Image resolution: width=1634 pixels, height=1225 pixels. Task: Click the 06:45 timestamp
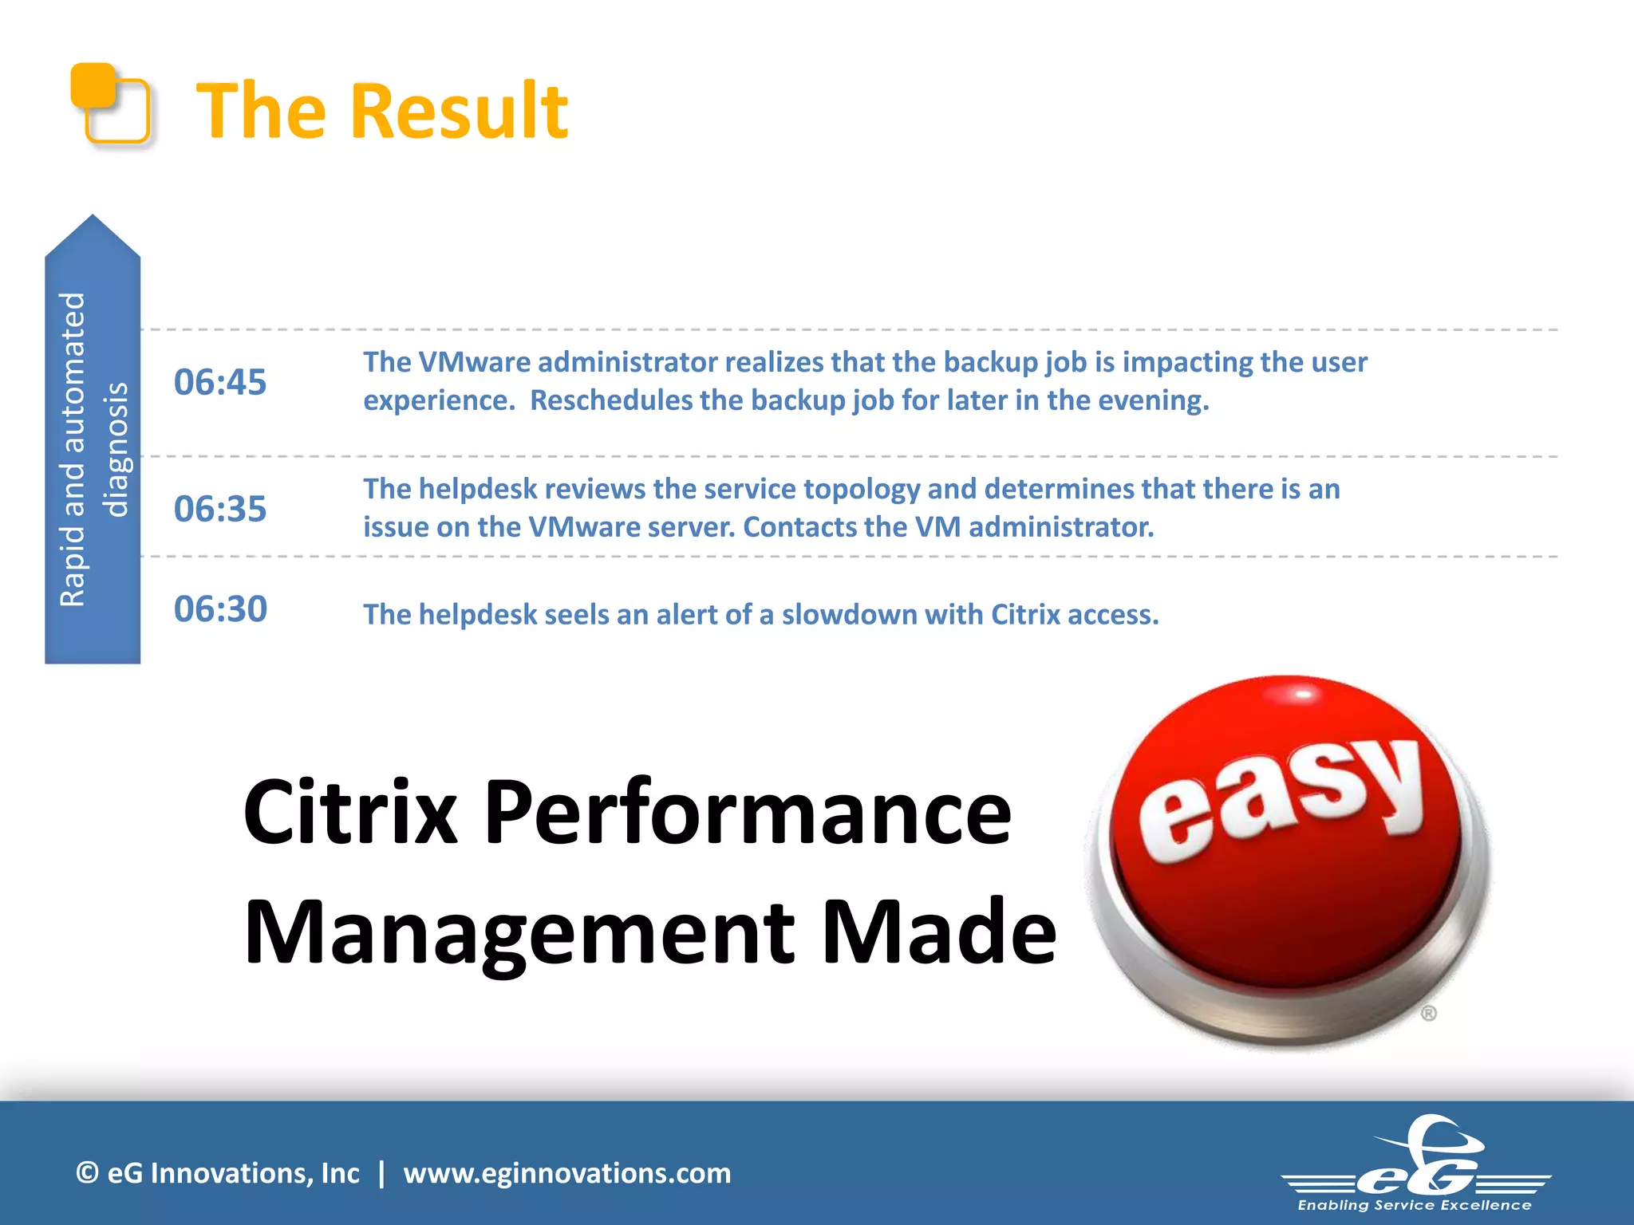tap(220, 382)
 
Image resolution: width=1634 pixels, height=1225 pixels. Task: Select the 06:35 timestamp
tap(220, 509)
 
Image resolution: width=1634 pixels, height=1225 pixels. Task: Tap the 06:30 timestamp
tap(220, 609)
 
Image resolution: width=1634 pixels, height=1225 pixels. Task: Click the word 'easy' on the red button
tap(1281, 798)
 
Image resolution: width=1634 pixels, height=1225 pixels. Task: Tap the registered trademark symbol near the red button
tap(1428, 1014)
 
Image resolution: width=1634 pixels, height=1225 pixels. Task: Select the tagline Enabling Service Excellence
tap(1414, 1205)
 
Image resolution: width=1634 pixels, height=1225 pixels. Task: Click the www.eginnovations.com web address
tap(566, 1173)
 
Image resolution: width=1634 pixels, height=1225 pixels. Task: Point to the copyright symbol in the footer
tap(87, 1173)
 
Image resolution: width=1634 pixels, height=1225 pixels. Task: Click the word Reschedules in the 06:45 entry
tap(610, 400)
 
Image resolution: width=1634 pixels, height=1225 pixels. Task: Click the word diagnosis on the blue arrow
tap(116, 450)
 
